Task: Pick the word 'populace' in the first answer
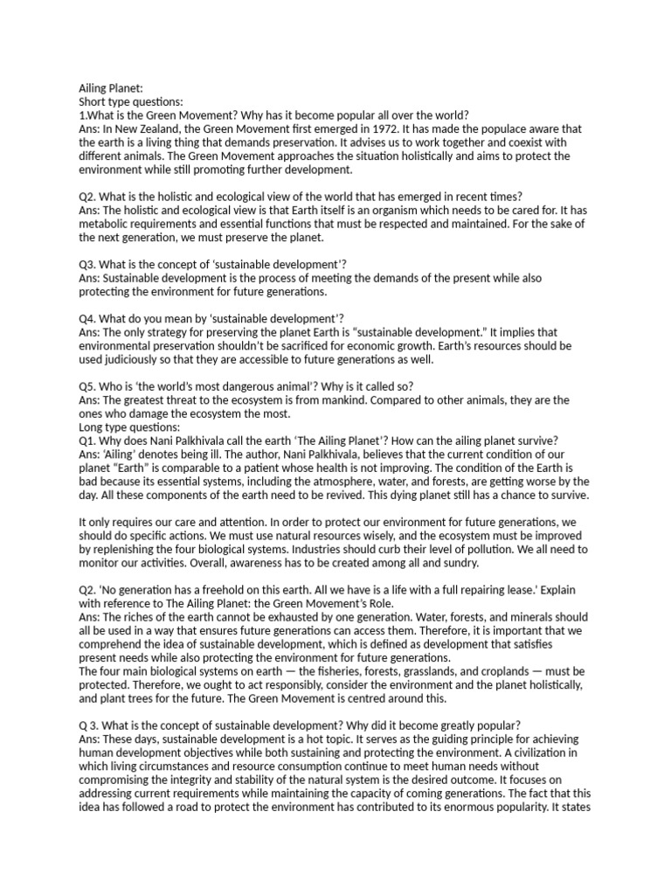coord(493,128)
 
